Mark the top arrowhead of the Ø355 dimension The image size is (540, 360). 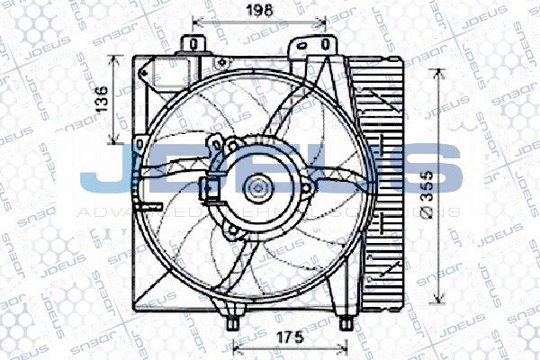439,72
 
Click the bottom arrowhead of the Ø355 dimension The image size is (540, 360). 439,304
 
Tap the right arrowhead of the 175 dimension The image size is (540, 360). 345,346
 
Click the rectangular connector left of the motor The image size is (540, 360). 210,187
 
